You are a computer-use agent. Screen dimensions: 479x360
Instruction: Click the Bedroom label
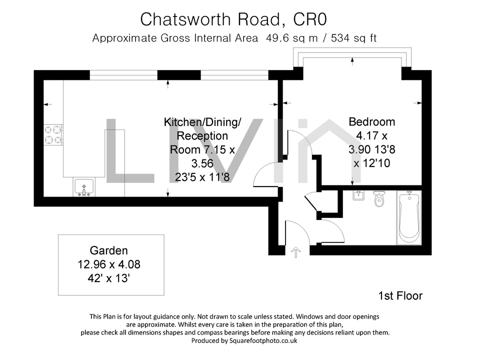[x=372, y=121]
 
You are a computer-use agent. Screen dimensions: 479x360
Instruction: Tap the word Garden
[x=109, y=250]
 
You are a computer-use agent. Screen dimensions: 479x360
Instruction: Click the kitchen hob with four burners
[x=53, y=135]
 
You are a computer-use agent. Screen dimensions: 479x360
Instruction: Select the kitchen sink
[x=84, y=187]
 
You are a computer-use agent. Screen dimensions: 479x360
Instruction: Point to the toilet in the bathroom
[x=379, y=198]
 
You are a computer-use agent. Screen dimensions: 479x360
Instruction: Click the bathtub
[x=409, y=217]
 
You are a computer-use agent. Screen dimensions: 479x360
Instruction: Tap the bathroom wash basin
[x=358, y=195]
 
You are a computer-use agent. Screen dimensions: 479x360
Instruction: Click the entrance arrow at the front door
[x=295, y=252]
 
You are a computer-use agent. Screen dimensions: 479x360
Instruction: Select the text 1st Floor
[x=400, y=296]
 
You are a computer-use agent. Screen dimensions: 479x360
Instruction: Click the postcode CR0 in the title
[x=310, y=19]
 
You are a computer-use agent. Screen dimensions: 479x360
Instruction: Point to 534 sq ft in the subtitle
[x=354, y=38]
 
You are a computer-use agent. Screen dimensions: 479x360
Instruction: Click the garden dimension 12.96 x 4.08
[x=109, y=264]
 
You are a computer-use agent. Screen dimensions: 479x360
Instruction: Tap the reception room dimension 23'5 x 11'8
[x=202, y=177]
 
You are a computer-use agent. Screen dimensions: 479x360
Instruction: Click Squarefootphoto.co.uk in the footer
[x=263, y=340]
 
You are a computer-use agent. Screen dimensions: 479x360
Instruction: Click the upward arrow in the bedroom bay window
[x=352, y=61]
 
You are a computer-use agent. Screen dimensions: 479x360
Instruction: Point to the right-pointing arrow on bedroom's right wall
[x=417, y=103]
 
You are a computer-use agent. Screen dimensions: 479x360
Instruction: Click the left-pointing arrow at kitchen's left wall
[x=48, y=104]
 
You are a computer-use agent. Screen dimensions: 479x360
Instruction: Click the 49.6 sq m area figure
[x=292, y=38]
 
